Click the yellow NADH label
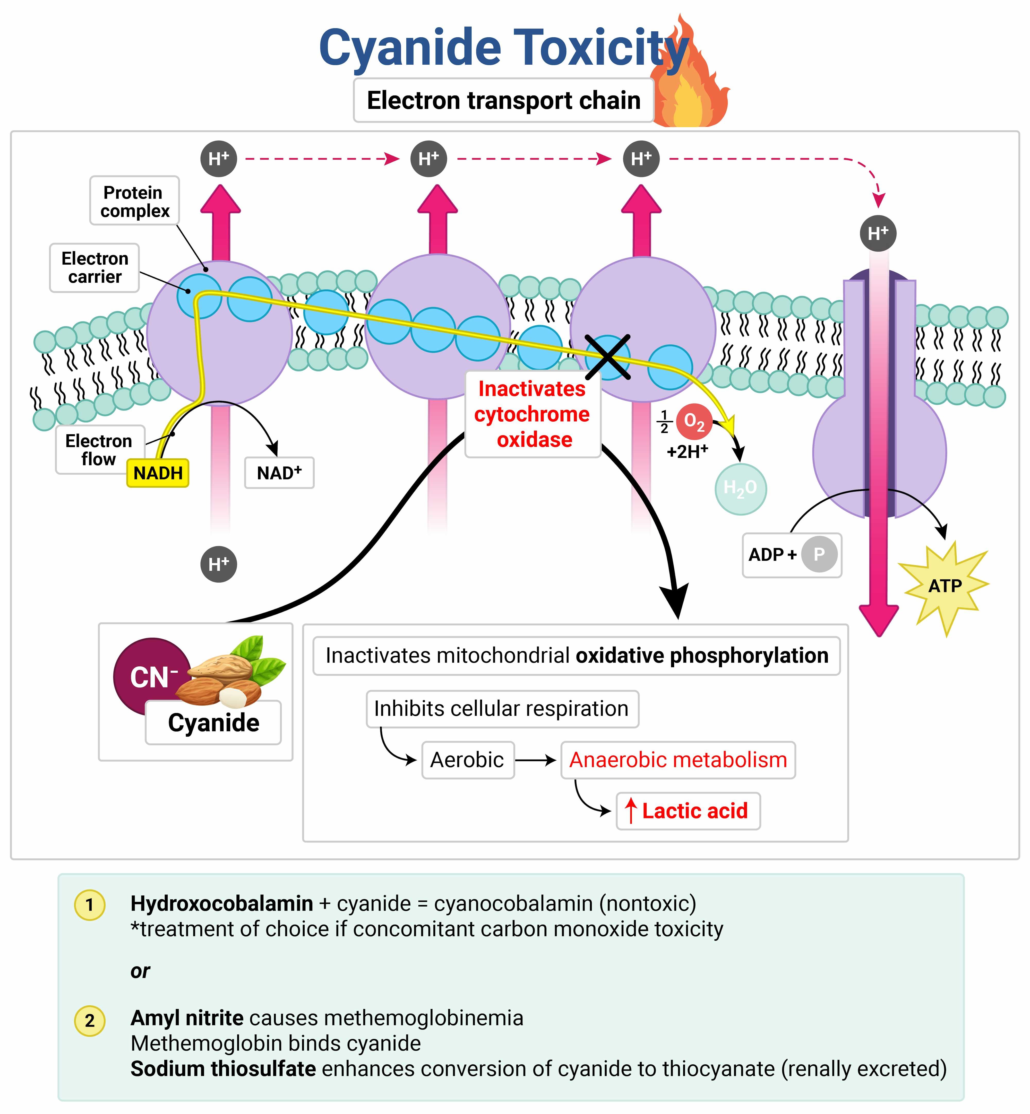pos(158,473)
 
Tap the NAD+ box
pos(279,473)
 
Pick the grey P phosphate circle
pos(819,554)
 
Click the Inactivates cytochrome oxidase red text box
pos(532,414)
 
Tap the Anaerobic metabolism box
pos(678,760)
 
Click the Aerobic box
pos(468,760)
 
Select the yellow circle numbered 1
pos(89,904)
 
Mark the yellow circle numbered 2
pos(89,1020)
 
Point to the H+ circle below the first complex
pos(218,564)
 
